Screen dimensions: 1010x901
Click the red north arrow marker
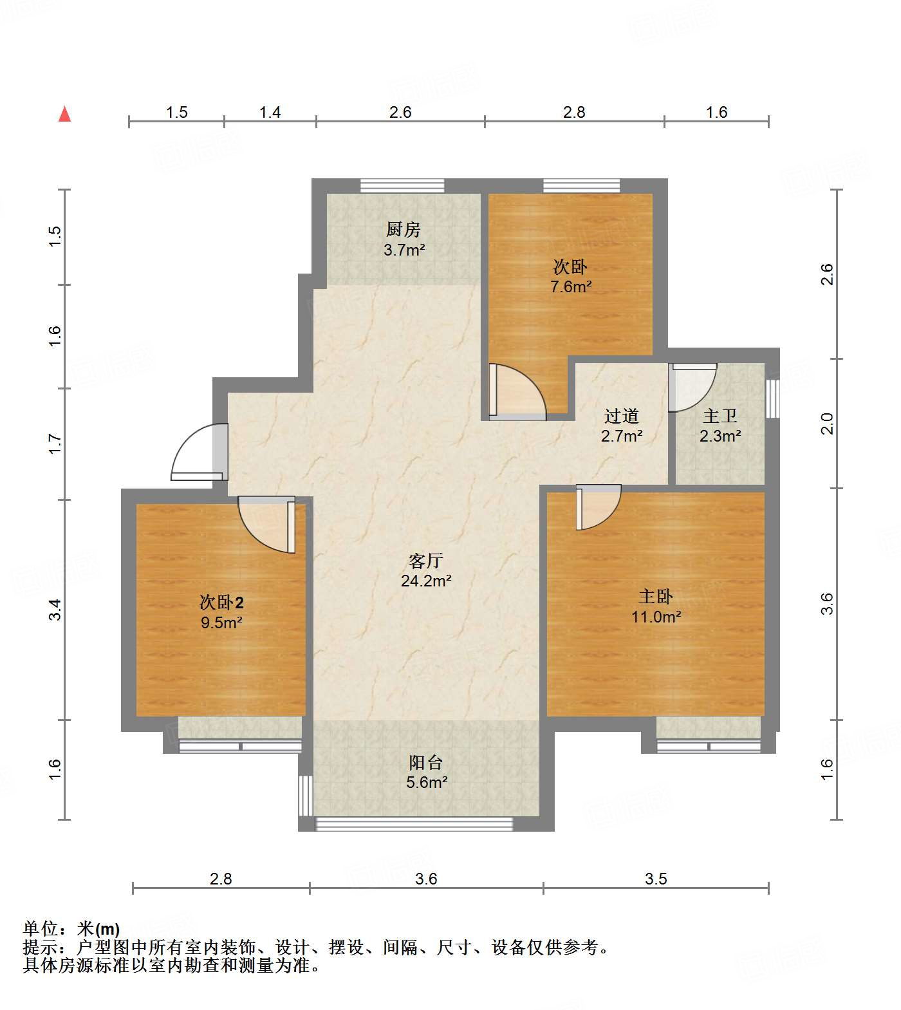click(64, 115)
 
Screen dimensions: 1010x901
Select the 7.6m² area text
click(571, 286)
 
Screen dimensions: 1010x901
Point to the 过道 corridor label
click(621, 416)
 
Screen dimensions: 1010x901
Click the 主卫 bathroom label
click(720, 416)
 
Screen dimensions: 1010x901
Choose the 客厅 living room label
click(425, 561)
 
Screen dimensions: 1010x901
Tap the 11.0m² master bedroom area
click(656, 617)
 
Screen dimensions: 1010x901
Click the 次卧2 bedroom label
click(221, 603)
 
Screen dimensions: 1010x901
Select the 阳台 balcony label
click(425, 763)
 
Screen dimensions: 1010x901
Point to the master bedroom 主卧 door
click(597, 506)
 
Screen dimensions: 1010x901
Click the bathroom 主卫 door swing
click(691, 387)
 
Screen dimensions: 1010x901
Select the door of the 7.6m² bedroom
click(516, 391)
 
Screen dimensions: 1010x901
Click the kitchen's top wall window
click(402, 185)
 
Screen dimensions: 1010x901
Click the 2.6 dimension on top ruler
click(400, 112)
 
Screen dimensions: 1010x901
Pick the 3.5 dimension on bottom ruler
click(656, 879)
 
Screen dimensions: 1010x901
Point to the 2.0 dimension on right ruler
click(827, 424)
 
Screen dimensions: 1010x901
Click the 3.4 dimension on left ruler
click(56, 609)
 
